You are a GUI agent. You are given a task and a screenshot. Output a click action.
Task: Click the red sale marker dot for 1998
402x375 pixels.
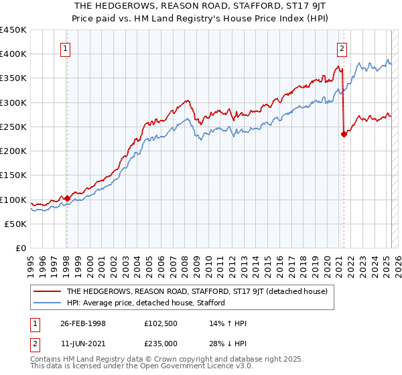tap(67, 198)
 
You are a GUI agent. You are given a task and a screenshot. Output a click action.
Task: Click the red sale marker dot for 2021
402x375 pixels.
tap(344, 134)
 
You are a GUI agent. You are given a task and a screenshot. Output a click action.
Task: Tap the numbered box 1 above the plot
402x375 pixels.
tap(66, 48)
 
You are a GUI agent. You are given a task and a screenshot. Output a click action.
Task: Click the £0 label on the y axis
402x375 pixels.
tap(20, 248)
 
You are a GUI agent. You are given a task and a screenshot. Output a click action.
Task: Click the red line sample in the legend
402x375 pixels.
tap(48, 291)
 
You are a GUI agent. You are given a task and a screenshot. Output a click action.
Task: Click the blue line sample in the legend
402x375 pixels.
tap(48, 303)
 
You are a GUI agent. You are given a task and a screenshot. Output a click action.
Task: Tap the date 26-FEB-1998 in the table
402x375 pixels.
tap(83, 323)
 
